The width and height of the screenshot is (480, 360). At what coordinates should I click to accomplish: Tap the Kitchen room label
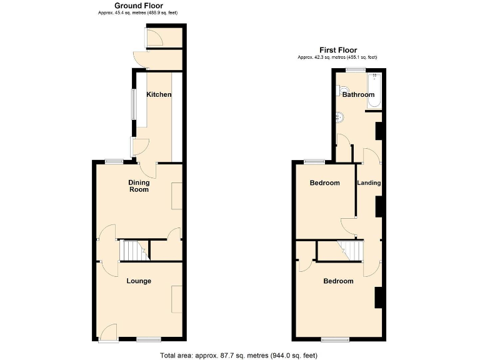click(159, 94)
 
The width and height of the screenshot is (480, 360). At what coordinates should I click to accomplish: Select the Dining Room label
click(139, 186)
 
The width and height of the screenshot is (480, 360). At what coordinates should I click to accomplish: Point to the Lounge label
click(139, 281)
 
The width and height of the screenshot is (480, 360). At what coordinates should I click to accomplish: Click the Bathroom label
click(358, 95)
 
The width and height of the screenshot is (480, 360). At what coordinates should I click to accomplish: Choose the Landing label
click(369, 183)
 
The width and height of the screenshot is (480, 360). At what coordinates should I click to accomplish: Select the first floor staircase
click(350, 251)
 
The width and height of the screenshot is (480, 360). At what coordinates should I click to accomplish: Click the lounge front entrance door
click(108, 334)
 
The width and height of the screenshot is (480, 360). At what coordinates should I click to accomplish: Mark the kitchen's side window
click(132, 104)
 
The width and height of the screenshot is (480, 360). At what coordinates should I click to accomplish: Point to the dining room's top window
click(114, 162)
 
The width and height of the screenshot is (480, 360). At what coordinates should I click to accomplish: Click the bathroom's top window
click(357, 70)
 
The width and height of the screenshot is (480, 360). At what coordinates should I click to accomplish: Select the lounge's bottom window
click(148, 339)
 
